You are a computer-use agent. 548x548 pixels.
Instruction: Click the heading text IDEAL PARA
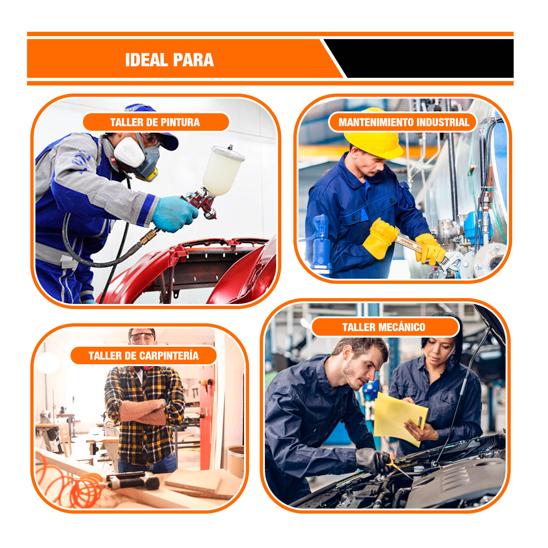169,60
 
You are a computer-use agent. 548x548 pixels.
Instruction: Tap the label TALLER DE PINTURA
155,122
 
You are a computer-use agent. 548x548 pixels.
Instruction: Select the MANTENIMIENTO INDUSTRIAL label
404,122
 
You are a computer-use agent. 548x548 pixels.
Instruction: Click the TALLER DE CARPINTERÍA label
144,355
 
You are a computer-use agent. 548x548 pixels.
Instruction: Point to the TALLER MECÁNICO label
384,327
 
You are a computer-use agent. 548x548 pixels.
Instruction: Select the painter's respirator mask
137,155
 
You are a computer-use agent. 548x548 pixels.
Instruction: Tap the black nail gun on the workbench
133,480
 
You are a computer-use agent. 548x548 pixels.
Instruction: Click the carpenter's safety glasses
142,337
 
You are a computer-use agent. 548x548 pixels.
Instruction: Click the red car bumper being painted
190,270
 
